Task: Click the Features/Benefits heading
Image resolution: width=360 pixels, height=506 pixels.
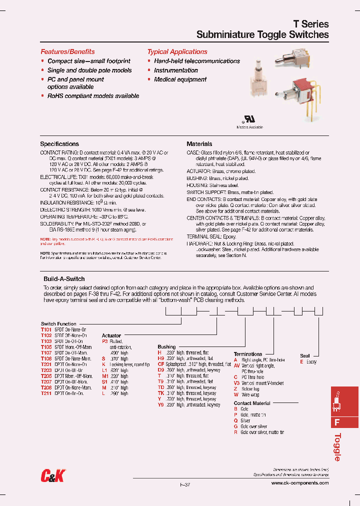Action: click(67, 51)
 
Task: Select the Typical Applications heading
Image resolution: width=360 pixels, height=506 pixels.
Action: click(177, 51)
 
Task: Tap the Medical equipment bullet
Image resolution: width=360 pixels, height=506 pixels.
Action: click(180, 79)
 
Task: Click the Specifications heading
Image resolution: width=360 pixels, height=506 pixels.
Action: click(59, 144)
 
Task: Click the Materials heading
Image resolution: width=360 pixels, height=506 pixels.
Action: click(199, 144)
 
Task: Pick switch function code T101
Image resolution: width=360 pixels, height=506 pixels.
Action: click(46, 330)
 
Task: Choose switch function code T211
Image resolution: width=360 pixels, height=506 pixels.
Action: click(46, 393)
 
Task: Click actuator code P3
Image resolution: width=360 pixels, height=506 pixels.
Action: click(104, 341)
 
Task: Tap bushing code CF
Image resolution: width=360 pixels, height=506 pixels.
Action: click(161, 364)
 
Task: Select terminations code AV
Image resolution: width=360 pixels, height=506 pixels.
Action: click(237, 365)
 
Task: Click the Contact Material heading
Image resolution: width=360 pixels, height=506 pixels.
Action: click(252, 403)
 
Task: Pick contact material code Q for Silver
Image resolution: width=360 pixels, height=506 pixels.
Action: click(235, 420)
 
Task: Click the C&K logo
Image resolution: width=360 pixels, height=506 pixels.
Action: click(52, 477)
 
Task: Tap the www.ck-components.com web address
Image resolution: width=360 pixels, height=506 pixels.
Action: click(300, 483)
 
